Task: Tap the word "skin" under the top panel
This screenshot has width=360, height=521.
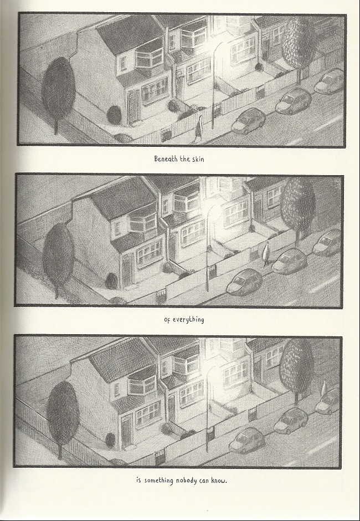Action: (198, 159)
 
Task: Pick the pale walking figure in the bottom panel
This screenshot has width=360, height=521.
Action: (324, 387)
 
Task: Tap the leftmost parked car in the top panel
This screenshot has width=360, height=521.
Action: (249, 121)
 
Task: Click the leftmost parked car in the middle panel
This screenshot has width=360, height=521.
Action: (244, 283)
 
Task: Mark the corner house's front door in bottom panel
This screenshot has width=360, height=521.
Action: (126, 432)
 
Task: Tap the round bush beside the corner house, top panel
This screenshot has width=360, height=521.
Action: (114, 115)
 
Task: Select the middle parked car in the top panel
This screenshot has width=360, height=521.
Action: (293, 101)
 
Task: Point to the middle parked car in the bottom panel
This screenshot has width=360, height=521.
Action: (291, 420)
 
